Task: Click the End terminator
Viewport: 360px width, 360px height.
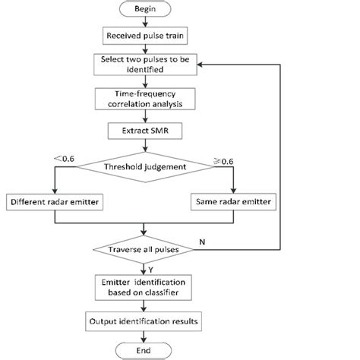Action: [144, 349]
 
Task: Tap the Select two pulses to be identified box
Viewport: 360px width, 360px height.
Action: [144, 64]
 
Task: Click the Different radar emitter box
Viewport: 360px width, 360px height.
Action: [54, 203]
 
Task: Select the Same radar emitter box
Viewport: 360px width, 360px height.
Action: [233, 203]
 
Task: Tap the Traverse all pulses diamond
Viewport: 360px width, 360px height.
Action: [144, 249]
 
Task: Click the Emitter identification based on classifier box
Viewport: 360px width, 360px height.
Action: [144, 288]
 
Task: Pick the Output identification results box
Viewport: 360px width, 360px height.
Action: [144, 321]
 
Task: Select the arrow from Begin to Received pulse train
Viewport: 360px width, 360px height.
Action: [144, 24]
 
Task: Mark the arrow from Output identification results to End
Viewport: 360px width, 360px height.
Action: [144, 335]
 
